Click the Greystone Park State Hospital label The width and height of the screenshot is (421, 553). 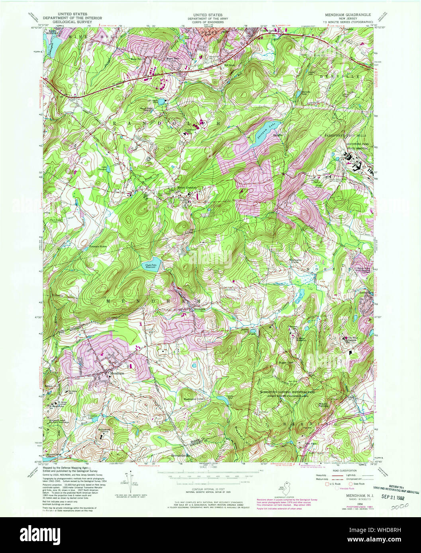pyautogui.click(x=350, y=147)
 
